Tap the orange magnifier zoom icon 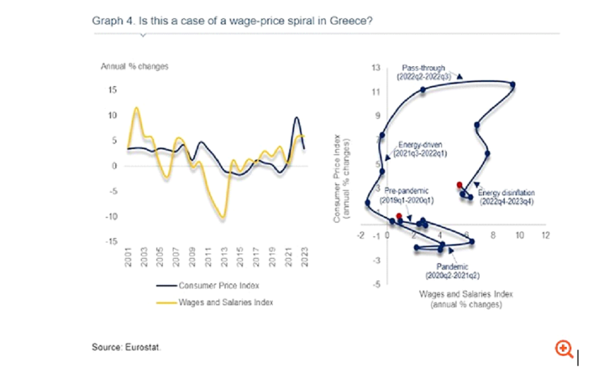[x=564, y=349]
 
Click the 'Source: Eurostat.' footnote [x=126, y=346]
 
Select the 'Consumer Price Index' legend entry [x=219, y=286]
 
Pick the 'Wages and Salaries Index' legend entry [x=226, y=302]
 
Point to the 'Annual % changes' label [x=134, y=66]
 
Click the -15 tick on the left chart [x=112, y=242]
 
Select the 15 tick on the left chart [x=113, y=90]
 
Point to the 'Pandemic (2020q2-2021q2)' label [x=452, y=271]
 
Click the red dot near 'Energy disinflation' [x=459, y=185]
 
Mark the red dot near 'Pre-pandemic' [x=399, y=216]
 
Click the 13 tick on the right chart [x=375, y=68]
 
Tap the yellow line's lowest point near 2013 [x=222, y=217]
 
